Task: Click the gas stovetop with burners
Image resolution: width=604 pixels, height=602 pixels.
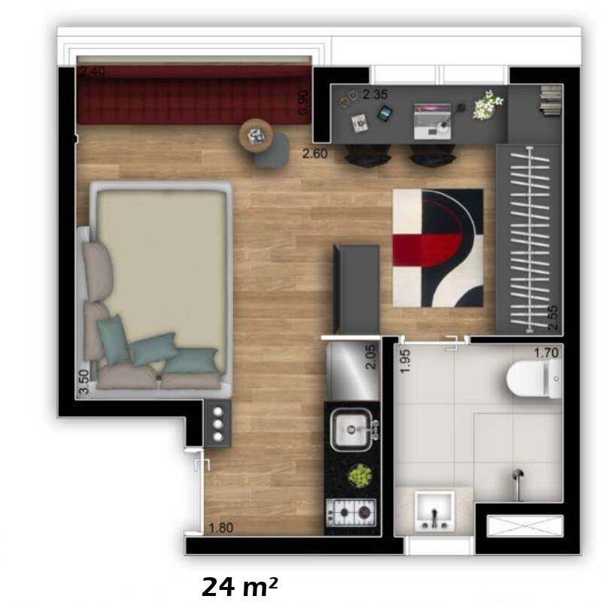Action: point(351,514)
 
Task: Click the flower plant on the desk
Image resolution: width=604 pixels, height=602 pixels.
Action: point(487,104)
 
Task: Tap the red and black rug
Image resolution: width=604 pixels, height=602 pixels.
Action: point(438,247)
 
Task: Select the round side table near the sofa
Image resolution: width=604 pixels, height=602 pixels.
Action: point(257,135)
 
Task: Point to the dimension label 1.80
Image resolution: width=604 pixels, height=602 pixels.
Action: point(221,528)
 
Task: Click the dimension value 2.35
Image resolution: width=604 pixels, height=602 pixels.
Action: point(375,95)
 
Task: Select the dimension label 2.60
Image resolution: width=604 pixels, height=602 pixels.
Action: point(314,155)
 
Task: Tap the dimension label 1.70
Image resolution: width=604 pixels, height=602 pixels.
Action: point(546,351)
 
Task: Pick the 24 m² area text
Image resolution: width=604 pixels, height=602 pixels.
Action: point(239,586)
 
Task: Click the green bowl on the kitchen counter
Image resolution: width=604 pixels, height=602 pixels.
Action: point(360,475)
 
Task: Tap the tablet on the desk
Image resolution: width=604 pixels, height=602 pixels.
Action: point(384,114)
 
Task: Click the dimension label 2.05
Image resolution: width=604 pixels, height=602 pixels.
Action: point(369,356)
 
